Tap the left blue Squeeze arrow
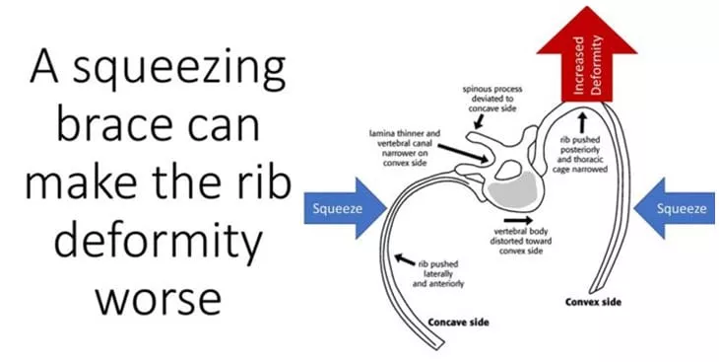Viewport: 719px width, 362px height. (345, 208)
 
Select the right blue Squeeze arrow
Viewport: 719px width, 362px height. (674, 208)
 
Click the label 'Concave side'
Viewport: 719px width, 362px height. (458, 322)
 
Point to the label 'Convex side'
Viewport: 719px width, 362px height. (593, 302)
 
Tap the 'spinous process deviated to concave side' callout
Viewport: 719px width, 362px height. (492, 99)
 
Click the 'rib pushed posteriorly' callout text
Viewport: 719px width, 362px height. (582, 154)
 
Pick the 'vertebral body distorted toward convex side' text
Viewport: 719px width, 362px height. (521, 241)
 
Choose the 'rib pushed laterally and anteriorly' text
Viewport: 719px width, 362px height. (438, 274)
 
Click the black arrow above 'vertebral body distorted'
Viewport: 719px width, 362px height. (518, 220)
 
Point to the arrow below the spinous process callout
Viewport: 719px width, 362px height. (479, 121)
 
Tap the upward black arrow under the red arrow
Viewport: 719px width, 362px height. (582, 122)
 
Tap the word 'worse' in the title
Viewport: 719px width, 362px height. (159, 300)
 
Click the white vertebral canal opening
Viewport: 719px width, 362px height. (505, 171)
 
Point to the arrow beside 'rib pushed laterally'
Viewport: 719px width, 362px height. (405, 259)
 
